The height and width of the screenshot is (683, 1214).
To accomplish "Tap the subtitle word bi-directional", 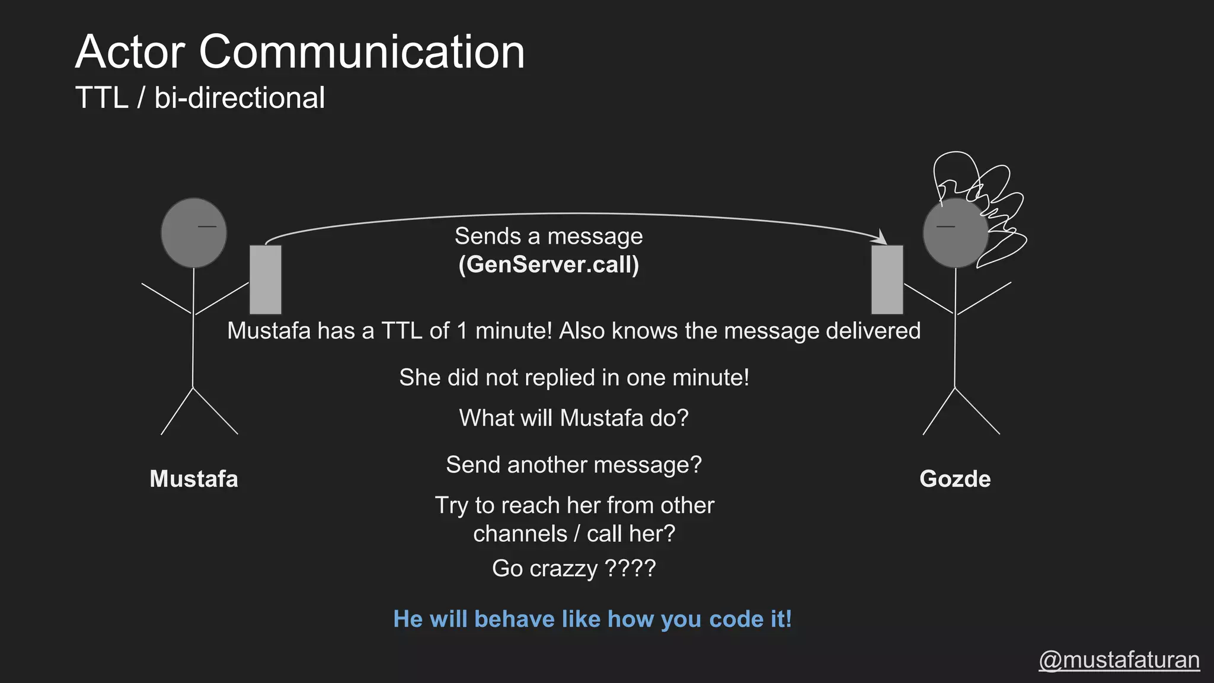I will tap(239, 98).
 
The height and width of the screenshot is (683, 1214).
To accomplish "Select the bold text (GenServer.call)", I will tap(549, 264).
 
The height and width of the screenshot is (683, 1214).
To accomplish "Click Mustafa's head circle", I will tap(194, 233).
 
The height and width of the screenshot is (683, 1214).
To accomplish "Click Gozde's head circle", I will tap(955, 233).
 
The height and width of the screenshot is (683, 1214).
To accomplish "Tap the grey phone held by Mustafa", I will tap(266, 279).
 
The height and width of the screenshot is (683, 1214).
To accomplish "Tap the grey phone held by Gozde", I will tap(887, 279).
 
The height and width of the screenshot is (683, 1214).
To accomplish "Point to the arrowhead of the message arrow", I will tap(881, 238).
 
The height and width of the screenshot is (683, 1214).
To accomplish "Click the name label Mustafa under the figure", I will tap(194, 479).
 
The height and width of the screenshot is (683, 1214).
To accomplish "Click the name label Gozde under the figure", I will tap(955, 479).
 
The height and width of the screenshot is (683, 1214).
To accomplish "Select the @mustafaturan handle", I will tap(1119, 660).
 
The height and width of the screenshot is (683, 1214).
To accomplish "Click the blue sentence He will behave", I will tap(592, 619).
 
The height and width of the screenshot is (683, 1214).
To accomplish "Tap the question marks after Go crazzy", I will tap(630, 569).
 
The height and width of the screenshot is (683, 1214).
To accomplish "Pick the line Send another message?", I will tap(574, 465).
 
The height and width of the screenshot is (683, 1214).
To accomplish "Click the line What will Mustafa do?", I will tap(574, 418).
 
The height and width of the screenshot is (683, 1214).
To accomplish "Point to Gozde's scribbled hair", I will tap(984, 196).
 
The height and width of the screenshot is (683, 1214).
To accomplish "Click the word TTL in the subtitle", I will tap(102, 98).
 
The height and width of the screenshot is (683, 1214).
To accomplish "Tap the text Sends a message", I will tap(549, 236).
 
